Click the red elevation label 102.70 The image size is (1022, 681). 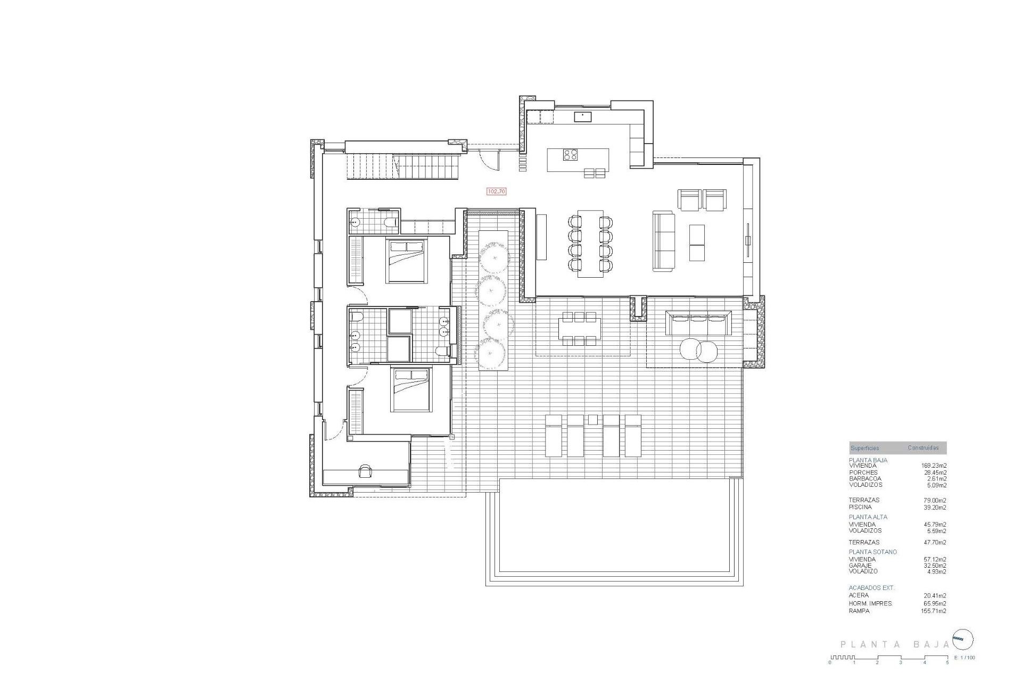pyautogui.click(x=496, y=192)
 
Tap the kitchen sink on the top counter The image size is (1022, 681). pyautogui.click(x=582, y=117)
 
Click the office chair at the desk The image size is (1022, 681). pyautogui.click(x=366, y=471)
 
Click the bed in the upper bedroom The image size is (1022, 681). pyautogui.click(x=407, y=261)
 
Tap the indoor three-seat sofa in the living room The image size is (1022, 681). pyautogui.click(x=663, y=241)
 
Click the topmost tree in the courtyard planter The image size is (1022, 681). pyautogui.click(x=494, y=258)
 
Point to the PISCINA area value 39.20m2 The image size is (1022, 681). pyautogui.click(x=935, y=508)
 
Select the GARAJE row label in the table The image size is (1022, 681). pyautogui.click(x=860, y=566)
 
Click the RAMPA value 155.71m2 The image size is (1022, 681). pyautogui.click(x=935, y=611)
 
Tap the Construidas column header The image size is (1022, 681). pyautogui.click(x=923, y=448)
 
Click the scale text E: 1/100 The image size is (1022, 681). pyautogui.click(x=965, y=658)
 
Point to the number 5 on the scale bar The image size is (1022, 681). pyautogui.click(x=947, y=662)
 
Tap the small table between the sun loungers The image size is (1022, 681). pyautogui.click(x=592, y=420)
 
